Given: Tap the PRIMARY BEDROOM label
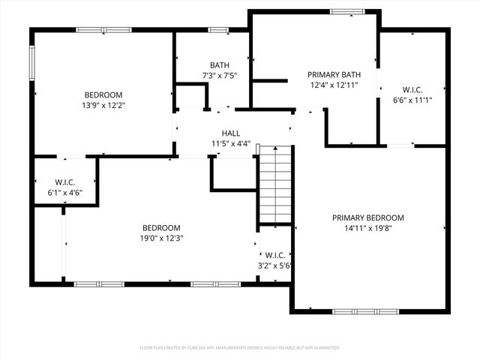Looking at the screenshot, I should pos(368,217).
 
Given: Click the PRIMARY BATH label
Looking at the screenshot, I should pos(334,75).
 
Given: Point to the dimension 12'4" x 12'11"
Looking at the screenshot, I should pos(334,85).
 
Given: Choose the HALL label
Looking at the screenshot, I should pos(231,133).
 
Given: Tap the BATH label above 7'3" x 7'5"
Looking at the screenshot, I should pos(220,65).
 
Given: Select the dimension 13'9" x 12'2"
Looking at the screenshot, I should pos(103,105).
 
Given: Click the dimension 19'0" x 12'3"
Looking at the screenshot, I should pos(162,238).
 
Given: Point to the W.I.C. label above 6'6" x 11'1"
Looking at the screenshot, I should pos(412,90).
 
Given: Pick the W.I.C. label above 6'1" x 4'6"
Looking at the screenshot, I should pos(65,182).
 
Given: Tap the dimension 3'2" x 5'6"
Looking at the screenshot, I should pos(274,265).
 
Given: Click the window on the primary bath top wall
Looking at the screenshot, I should pos(347,11).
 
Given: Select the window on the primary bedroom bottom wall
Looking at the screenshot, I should pos(356,310).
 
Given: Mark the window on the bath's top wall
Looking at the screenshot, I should pos(218,30).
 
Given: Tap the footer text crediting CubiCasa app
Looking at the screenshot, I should pos(240,348).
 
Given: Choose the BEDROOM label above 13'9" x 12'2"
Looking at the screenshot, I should pos(103,95).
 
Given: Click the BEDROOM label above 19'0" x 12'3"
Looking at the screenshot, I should pos(162,228).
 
